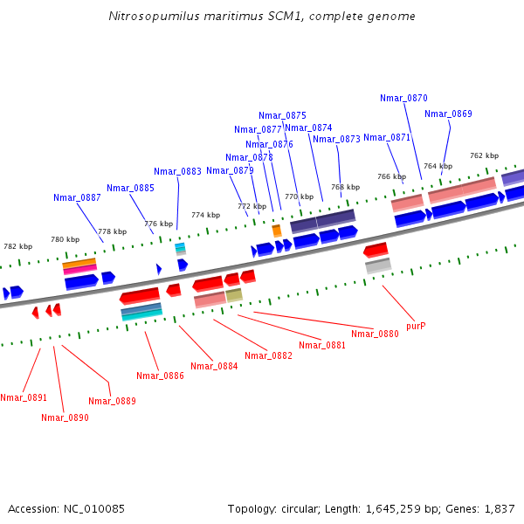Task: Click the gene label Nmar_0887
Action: pyautogui.click(x=77, y=197)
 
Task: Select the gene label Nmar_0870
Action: pyautogui.click(x=403, y=98)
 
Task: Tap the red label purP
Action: pyautogui.click(x=416, y=326)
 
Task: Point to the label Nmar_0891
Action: pyautogui.click(x=24, y=397)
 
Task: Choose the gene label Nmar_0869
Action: pyautogui.click(x=448, y=114)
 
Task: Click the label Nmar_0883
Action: pyautogui.click(x=177, y=171)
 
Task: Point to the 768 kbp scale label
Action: pyautogui.click(x=346, y=187)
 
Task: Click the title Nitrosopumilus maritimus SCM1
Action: pyautogui.click(x=262, y=17)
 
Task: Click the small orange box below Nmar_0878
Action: pyautogui.click(x=277, y=231)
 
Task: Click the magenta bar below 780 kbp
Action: pyautogui.click(x=79, y=270)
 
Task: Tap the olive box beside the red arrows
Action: pyautogui.click(x=234, y=295)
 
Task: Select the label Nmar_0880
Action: pyautogui.click(x=375, y=334)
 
